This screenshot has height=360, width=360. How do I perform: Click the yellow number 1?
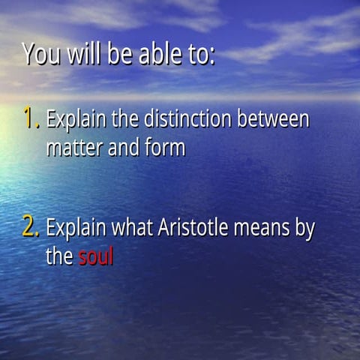point(30,118)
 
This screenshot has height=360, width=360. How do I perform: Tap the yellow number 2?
point(31,228)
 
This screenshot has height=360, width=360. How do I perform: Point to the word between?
point(273,119)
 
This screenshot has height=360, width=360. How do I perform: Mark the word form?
point(165,148)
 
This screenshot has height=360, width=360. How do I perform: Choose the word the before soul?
point(59,257)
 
